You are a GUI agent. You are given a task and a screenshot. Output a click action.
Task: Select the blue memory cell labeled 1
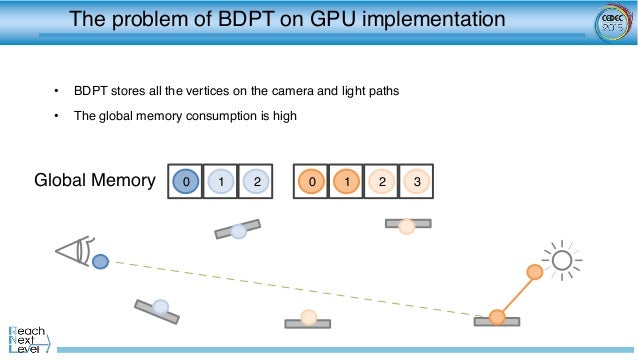(221, 181)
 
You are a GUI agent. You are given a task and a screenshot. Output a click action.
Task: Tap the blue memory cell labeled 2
(257, 181)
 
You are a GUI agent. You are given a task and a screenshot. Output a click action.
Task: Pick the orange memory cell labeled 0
(312, 181)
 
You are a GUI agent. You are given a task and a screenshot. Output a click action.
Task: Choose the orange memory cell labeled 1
(347, 181)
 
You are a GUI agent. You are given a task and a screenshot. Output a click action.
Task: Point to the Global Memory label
(95, 181)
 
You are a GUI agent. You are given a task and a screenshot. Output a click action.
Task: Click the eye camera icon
(75, 250)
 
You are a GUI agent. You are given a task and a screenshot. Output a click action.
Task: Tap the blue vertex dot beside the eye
(100, 262)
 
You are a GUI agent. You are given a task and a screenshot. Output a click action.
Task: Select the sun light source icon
(563, 261)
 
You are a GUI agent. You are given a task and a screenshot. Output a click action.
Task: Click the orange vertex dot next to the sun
(535, 271)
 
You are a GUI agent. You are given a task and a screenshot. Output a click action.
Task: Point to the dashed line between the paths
(300, 290)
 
